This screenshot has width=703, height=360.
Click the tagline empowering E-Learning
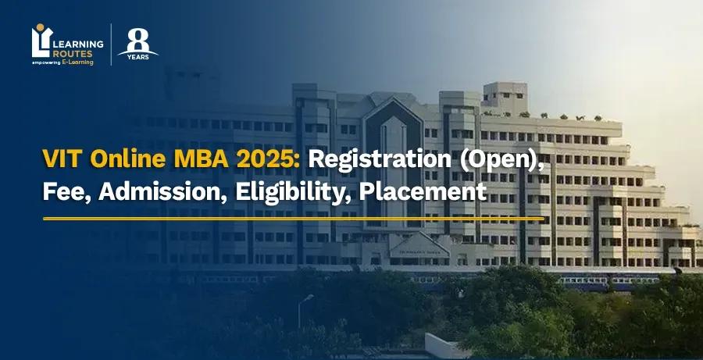pyautogui.click(x=62, y=62)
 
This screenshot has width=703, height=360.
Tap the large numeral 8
pyautogui.click(x=138, y=37)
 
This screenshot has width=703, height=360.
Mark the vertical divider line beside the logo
pyautogui.click(x=111, y=45)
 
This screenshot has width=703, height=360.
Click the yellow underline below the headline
pyautogui.click(x=293, y=219)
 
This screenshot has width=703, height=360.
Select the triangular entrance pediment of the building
pyautogui.click(x=419, y=242)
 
